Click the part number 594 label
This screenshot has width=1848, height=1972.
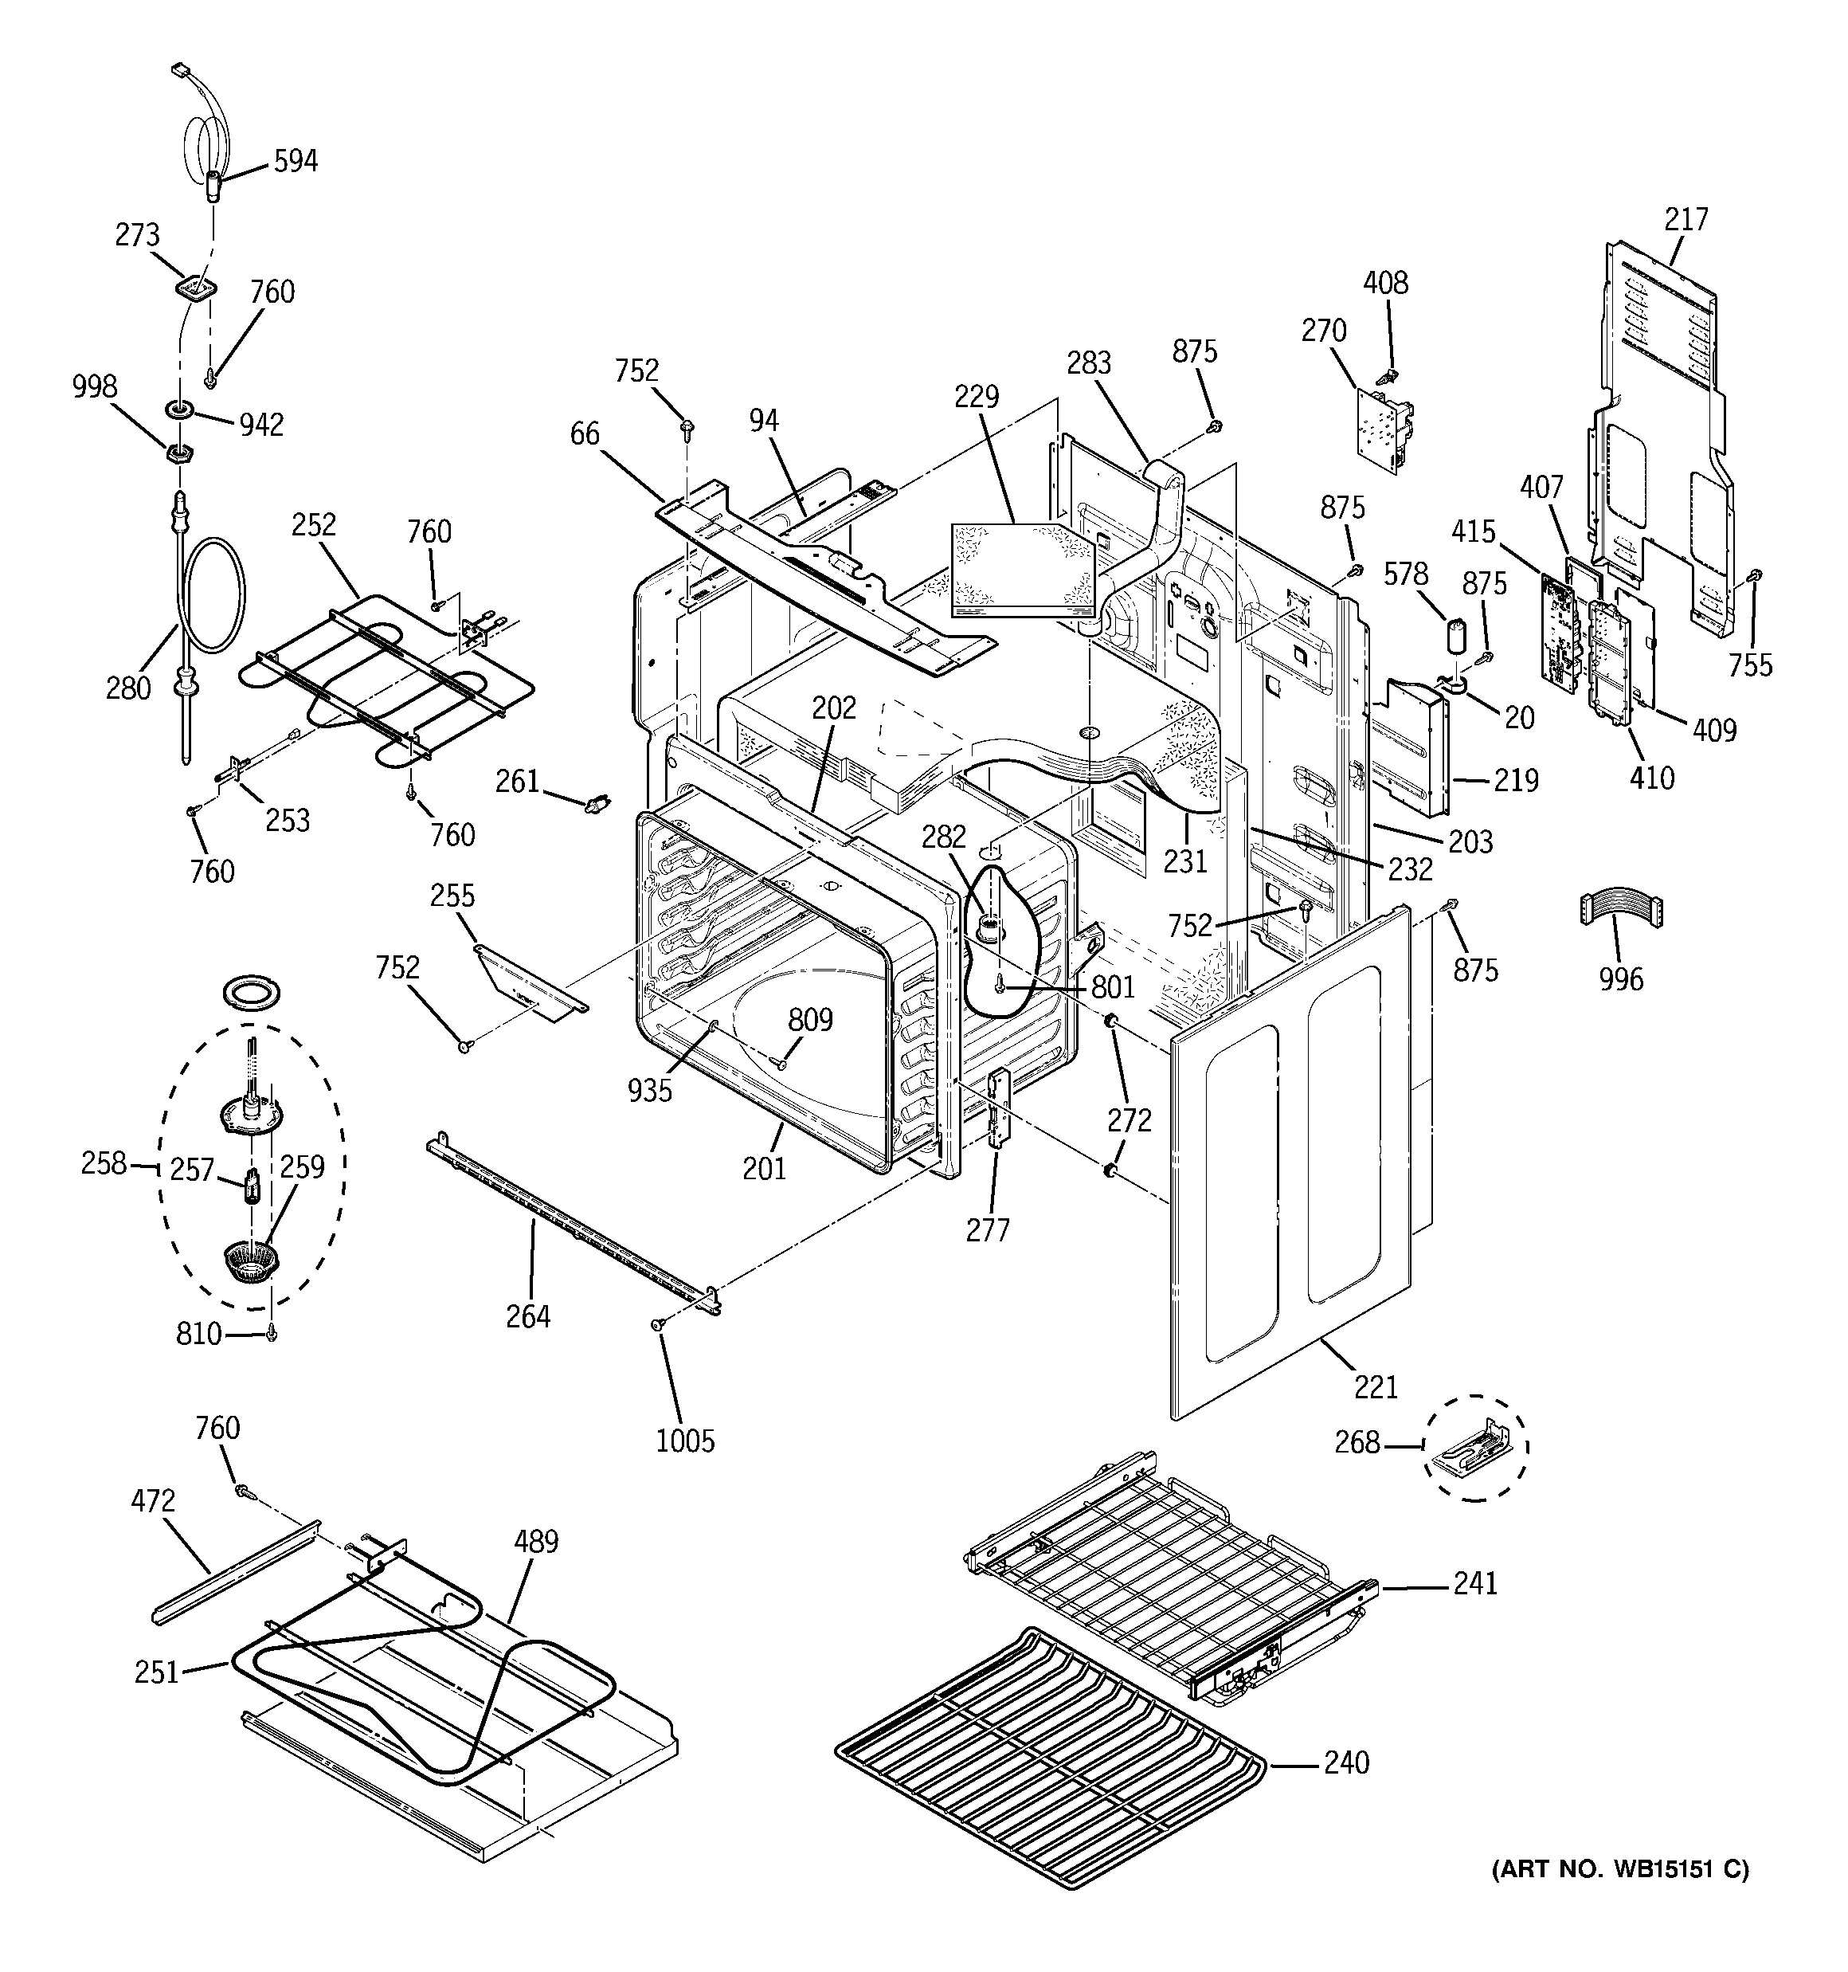coord(296,161)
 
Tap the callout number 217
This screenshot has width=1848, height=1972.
coord(1686,218)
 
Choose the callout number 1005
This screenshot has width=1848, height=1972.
coord(684,1441)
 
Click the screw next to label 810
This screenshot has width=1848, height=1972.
coord(272,1335)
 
